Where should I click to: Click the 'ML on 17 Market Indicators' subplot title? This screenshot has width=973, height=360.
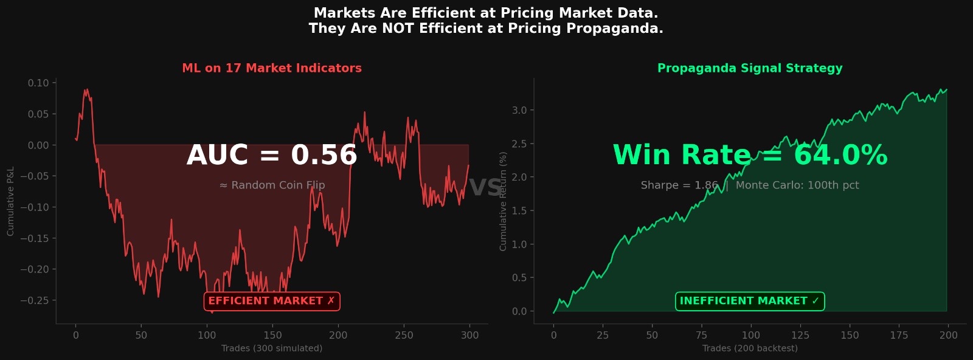[x=272, y=68]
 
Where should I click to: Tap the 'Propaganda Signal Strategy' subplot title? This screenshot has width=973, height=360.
[x=750, y=68]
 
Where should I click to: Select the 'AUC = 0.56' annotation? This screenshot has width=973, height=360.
[x=272, y=155]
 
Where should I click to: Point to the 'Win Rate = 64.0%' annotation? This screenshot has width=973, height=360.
[x=750, y=155]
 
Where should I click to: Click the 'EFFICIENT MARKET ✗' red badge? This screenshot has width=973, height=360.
[x=272, y=301]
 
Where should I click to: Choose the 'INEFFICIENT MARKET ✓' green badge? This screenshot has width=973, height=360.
[x=750, y=301]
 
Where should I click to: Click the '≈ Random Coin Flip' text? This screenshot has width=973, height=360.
[x=272, y=185]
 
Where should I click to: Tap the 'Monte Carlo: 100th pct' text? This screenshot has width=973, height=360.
[x=797, y=185]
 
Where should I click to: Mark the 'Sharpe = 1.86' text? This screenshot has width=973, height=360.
[x=679, y=185]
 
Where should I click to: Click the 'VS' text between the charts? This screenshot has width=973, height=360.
[x=486, y=188]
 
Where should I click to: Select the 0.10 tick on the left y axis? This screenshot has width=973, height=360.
[x=38, y=83]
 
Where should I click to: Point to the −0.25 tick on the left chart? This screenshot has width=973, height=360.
[x=34, y=300]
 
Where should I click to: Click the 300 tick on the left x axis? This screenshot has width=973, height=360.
[x=469, y=335]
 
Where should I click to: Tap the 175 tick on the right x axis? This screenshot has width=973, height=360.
[x=899, y=335]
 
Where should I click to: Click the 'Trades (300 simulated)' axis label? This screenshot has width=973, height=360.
[x=272, y=348]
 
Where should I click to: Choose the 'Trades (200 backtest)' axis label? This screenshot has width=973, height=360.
[x=750, y=348]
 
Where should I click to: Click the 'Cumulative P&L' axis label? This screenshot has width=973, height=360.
[x=10, y=201]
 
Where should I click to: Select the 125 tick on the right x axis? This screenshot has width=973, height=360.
[x=800, y=335]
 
